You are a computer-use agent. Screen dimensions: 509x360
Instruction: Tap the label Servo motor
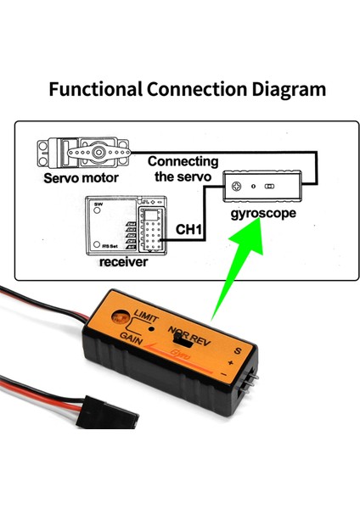(81, 179)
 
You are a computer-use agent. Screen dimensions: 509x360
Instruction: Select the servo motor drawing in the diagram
(81, 154)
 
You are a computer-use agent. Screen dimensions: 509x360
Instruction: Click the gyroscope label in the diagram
(262, 213)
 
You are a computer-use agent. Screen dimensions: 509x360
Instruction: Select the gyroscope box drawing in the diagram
(262, 186)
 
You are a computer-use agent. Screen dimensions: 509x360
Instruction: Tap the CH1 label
(189, 230)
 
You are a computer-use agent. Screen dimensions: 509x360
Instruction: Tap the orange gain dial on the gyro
(124, 311)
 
